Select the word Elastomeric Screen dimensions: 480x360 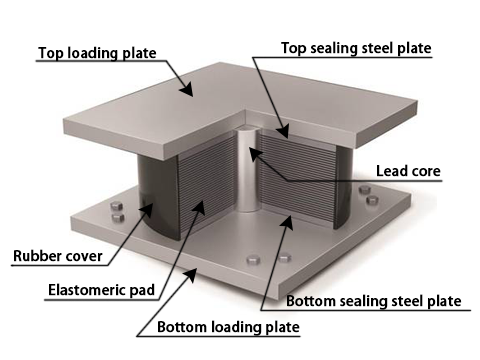pyautogui.click(x=87, y=290)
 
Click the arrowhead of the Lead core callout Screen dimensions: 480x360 pyautogui.click(x=255, y=154)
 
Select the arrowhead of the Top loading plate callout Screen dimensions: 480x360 pyautogui.click(x=187, y=89)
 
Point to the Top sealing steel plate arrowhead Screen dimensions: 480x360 pyautogui.click(x=282, y=131)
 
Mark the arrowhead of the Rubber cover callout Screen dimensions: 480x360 pyautogui.click(x=147, y=210)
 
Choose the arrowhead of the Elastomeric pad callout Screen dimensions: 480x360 pyautogui.click(x=199, y=207)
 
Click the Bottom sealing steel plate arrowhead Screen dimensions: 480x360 pyautogui.click(x=287, y=223)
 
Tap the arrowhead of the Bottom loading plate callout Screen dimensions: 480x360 pyautogui.click(x=190, y=275)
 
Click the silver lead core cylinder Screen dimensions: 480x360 pyautogui.click(x=248, y=171)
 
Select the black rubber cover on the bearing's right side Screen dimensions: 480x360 pyautogui.click(x=343, y=187)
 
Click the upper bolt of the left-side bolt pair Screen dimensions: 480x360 pyautogui.click(x=116, y=206)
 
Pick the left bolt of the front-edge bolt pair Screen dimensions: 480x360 pyautogui.click(x=254, y=260)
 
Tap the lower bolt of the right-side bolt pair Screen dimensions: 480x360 pyautogui.click(x=372, y=200)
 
